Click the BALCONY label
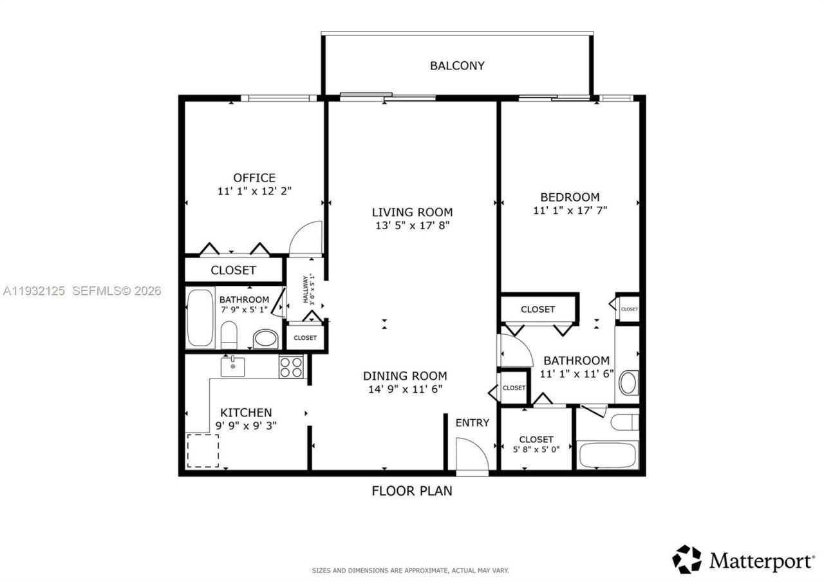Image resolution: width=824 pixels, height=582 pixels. coord(457,66)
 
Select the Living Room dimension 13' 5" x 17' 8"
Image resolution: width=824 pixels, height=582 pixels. coord(412,226)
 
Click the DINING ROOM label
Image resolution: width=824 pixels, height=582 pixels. coord(404,376)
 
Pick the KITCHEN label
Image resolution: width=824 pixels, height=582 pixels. coord(246,413)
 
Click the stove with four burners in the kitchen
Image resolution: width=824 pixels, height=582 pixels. coord(291,366)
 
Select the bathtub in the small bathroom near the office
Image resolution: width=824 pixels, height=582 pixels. coord(200,319)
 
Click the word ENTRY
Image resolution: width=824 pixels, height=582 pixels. coord(473,423)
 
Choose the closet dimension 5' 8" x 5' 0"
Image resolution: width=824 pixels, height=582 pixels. coord(536,449)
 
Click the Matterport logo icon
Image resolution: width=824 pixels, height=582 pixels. coord(686,559)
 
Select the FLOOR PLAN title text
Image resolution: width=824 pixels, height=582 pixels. coord(412,491)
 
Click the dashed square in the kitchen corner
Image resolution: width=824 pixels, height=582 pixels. coord(203,451)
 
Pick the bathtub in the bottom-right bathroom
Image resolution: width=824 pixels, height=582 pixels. coord(608,455)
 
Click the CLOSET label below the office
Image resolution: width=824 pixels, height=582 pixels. coord(233,270)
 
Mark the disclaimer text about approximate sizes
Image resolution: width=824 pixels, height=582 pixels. coord(410,570)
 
